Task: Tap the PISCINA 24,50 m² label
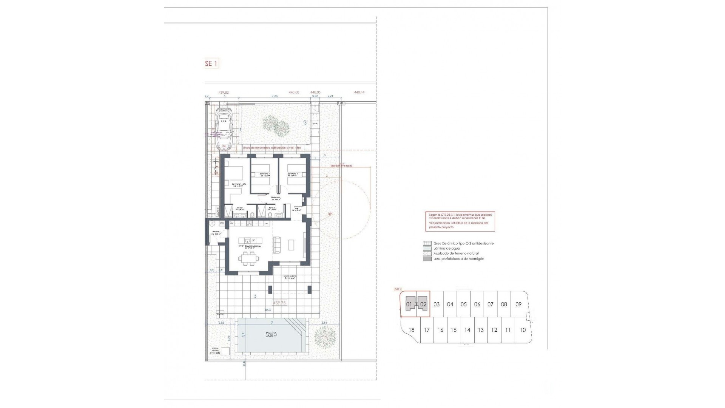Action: click(x=271, y=334)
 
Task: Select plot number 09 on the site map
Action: click(x=518, y=304)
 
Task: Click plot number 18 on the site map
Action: click(x=411, y=330)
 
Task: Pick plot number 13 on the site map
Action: click(x=480, y=330)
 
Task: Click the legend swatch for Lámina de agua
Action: click(x=427, y=249)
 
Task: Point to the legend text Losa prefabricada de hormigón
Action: click(x=458, y=259)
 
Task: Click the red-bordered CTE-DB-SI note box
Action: click(x=460, y=221)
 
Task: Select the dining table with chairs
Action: click(x=248, y=259)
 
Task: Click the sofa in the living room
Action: click(x=277, y=244)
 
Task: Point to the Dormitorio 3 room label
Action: click(x=293, y=175)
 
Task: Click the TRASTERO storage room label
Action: click(x=216, y=232)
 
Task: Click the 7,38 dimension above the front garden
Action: click(x=275, y=96)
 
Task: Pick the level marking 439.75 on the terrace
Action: click(x=279, y=303)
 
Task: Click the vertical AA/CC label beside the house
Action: click(x=218, y=211)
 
